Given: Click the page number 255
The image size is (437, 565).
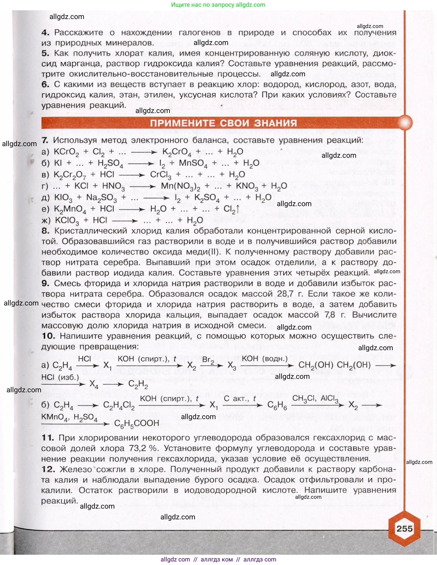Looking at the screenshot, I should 404,528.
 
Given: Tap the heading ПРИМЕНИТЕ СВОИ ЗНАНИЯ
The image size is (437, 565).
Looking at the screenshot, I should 223,123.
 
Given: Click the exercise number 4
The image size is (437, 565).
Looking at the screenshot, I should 45,33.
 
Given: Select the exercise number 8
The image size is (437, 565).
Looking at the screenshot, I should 45,231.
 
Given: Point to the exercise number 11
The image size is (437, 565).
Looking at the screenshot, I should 47,438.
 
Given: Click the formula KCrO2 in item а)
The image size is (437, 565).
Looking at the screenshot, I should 66,152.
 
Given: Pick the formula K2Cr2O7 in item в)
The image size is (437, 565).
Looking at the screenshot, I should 68,175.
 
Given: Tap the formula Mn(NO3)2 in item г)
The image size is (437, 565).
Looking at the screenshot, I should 180,186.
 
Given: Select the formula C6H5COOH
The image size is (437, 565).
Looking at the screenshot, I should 137,424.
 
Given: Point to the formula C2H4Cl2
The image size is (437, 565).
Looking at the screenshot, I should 119,405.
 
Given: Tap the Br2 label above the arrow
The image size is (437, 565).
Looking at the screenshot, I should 208,359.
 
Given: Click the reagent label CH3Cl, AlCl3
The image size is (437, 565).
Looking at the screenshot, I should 315,398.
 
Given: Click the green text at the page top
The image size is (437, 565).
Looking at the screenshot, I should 218,5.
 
